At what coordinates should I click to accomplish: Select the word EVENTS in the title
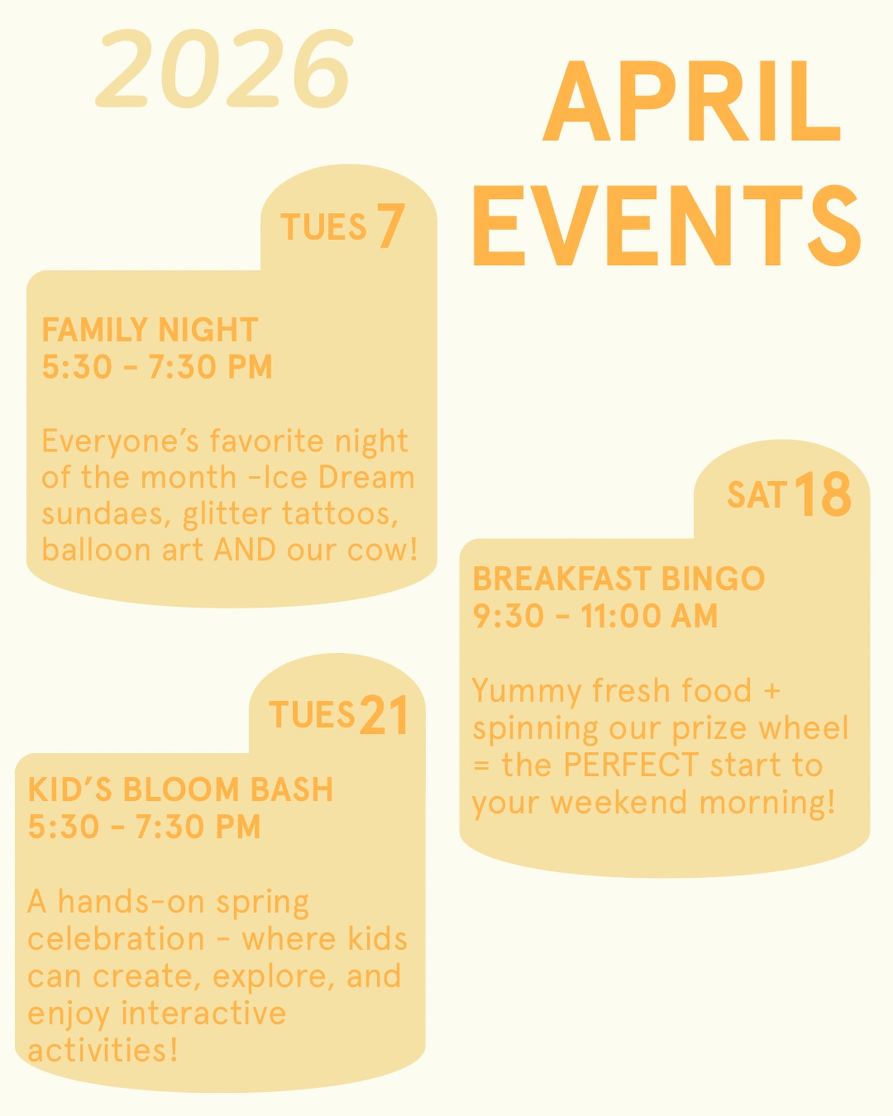pyautogui.click(x=667, y=225)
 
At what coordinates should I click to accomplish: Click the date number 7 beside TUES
pyautogui.click(x=391, y=225)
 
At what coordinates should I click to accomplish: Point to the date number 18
pyautogui.click(x=823, y=494)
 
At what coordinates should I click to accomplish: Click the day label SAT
pyautogui.click(x=757, y=495)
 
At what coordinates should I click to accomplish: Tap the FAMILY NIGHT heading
pyautogui.click(x=149, y=330)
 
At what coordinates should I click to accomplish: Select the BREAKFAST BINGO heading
pyautogui.click(x=618, y=578)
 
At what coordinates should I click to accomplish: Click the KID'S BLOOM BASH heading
pyautogui.click(x=181, y=789)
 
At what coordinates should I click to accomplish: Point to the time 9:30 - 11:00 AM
pyautogui.click(x=595, y=616)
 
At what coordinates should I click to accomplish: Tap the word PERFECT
pyautogui.click(x=631, y=765)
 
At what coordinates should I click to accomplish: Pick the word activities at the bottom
pyautogui.click(x=103, y=1050)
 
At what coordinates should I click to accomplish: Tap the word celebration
pyautogui.click(x=116, y=939)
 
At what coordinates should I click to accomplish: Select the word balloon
pyautogui.click(x=97, y=550)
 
